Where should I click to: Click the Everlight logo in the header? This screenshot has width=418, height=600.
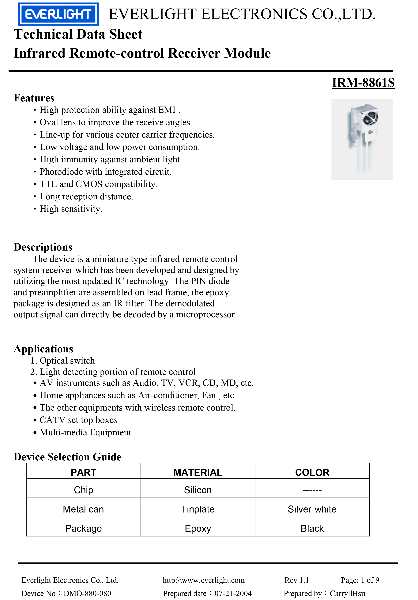(58, 14)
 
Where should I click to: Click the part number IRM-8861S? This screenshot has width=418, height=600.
(363, 83)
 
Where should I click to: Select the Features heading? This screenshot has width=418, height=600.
(34, 98)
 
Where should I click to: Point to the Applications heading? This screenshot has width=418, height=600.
(43, 349)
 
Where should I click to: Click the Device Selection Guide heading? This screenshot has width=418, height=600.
(68, 457)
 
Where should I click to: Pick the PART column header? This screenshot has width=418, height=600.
(84, 473)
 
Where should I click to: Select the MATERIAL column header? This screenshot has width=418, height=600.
(198, 473)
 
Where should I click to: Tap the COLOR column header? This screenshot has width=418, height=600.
(312, 473)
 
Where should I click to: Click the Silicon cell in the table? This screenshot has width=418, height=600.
(198, 490)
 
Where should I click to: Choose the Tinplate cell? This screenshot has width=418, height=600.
(198, 509)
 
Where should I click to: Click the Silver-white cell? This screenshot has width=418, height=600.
(312, 509)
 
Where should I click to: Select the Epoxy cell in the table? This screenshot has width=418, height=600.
(198, 528)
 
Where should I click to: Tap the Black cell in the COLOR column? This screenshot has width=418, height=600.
(312, 528)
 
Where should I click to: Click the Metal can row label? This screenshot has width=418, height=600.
(84, 509)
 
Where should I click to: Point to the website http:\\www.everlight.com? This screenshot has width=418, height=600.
(204, 580)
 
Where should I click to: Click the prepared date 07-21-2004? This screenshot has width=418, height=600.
(233, 594)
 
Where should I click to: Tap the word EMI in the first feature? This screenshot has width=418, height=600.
(167, 110)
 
